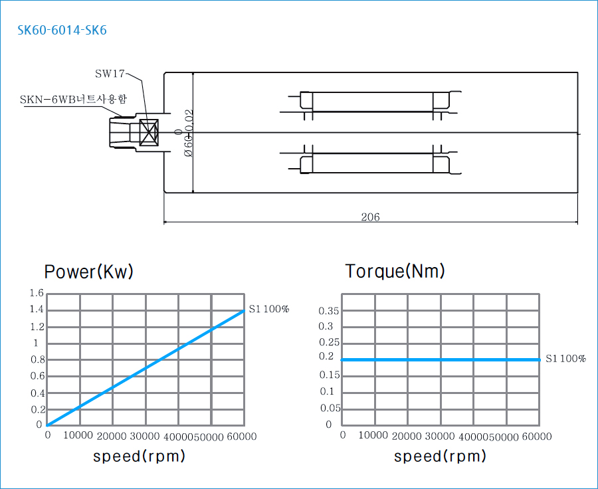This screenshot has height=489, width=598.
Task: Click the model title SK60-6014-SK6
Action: click(x=62, y=31)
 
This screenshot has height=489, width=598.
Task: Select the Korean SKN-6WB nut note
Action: click(x=74, y=100)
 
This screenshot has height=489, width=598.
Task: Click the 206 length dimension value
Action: click(x=370, y=217)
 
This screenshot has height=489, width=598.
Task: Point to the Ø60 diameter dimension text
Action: click(x=188, y=133)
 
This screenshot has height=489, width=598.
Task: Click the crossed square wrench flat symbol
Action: click(x=148, y=132)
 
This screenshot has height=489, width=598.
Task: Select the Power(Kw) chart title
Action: click(x=89, y=272)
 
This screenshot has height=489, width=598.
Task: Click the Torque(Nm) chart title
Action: click(x=395, y=271)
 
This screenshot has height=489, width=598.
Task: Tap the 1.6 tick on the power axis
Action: click(x=37, y=293)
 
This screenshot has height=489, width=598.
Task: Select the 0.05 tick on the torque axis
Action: click(x=330, y=408)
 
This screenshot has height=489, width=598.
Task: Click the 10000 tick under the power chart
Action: click(x=78, y=436)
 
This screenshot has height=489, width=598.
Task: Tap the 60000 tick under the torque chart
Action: click(x=536, y=436)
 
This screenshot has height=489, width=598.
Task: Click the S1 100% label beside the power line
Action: click(x=269, y=309)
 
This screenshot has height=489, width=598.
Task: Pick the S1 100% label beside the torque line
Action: click(x=565, y=359)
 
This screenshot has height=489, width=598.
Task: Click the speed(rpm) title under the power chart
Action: click(x=139, y=456)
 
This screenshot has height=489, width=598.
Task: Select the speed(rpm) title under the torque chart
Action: click(x=440, y=456)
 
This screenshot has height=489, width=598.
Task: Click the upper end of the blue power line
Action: click(x=244, y=310)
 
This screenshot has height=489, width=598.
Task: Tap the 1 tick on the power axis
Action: click(x=36, y=343)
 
